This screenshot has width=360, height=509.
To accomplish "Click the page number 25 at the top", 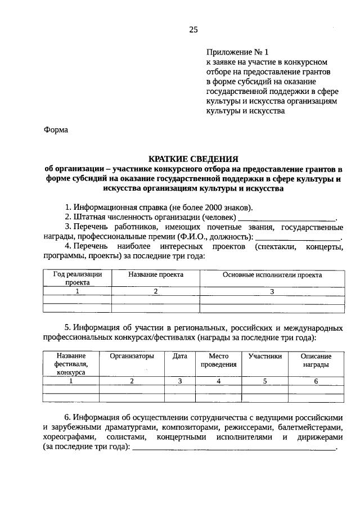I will [193, 30].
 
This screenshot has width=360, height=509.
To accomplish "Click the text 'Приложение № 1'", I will [237, 51].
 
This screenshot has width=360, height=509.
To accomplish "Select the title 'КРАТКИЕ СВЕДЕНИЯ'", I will [193, 159].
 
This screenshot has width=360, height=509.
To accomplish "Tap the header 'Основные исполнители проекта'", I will [272, 275].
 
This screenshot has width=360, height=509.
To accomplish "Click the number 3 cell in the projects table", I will [272, 291].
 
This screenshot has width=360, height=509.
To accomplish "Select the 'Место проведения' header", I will [218, 360].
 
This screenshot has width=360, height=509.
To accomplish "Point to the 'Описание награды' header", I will [316, 360].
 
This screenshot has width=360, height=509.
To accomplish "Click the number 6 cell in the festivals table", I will [316, 381].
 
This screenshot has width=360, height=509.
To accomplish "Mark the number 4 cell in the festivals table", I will [218, 381].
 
